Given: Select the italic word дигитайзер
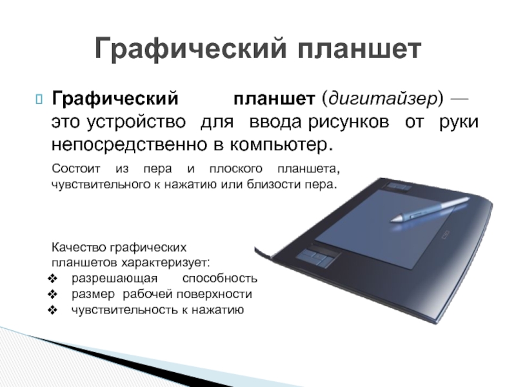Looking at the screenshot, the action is pos(382,99).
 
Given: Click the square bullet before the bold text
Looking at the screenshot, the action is pos(39,99).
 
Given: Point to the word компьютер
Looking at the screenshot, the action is pos(281,144).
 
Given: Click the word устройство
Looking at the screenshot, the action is pos(136,122).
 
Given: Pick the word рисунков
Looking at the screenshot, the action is pos(348,122).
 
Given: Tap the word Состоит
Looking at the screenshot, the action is pos(75,169).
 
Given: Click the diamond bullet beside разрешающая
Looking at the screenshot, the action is pos(53,279).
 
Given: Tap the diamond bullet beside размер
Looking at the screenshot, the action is pos(53,295).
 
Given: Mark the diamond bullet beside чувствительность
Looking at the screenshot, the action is pos(53,310).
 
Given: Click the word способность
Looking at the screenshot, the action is pos(220,279).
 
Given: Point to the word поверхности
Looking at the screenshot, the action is pos(214,294).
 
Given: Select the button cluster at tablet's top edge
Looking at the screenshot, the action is pos(398,187).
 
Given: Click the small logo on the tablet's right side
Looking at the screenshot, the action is pos(445,234).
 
